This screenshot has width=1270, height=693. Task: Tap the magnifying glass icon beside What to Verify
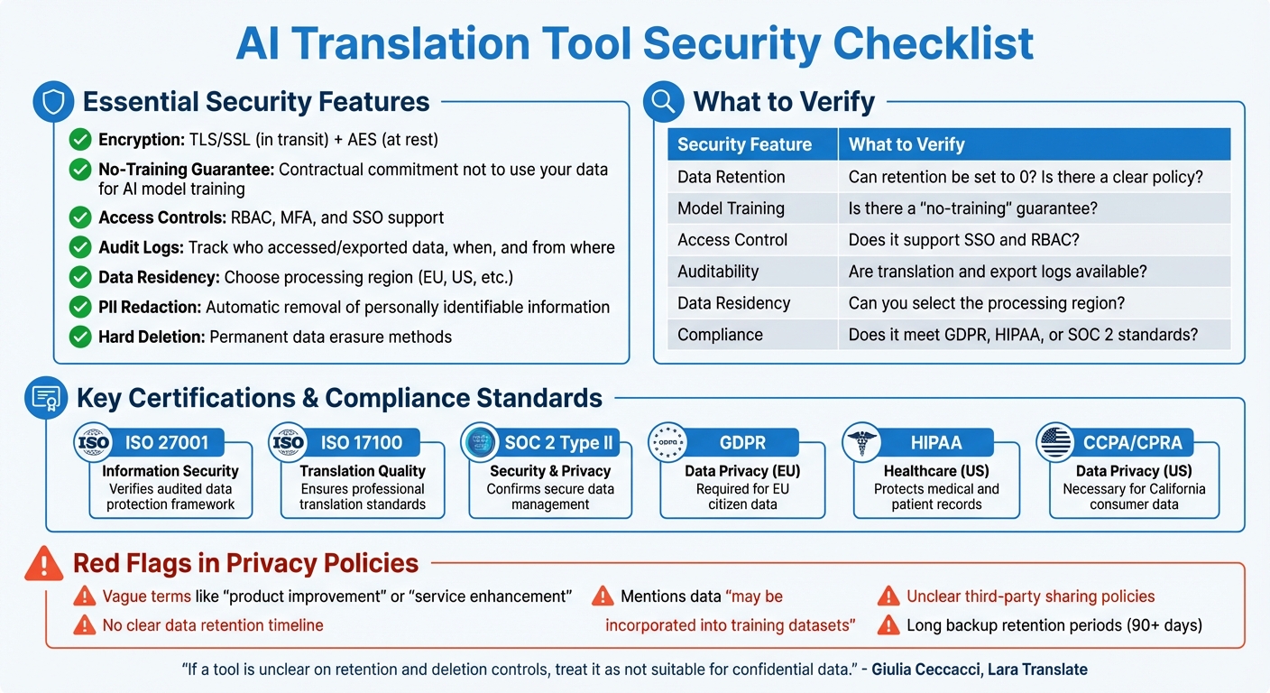pyautogui.click(x=663, y=103)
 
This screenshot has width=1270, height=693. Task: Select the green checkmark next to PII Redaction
pyautogui.click(x=81, y=308)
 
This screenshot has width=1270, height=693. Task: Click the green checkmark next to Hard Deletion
pyautogui.click(x=81, y=337)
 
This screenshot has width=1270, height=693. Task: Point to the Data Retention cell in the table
pyautogui.click(x=731, y=177)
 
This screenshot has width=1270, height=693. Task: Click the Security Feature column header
pyautogui.click(x=744, y=144)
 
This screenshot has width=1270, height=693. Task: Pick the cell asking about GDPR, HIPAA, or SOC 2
pyautogui.click(x=1023, y=335)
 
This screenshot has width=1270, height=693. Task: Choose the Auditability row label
pyautogui.click(x=718, y=272)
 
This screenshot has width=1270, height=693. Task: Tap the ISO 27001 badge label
pyautogui.click(x=167, y=442)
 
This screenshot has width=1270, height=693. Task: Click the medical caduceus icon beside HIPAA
pyautogui.click(x=860, y=442)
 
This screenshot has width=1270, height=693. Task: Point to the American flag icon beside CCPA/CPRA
pyautogui.click(x=1054, y=442)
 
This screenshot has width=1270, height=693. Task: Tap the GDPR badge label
pyautogui.click(x=742, y=442)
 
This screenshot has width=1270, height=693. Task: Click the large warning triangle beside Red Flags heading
pyautogui.click(x=44, y=564)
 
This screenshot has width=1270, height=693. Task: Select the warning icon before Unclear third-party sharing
pyautogui.click(x=888, y=596)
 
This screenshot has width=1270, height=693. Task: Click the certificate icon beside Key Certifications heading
pyautogui.click(x=44, y=398)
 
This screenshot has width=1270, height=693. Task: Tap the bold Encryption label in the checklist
pyautogui.click(x=141, y=140)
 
